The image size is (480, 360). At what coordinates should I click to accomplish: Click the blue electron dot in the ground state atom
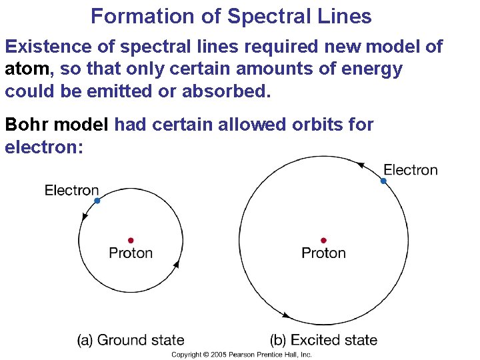point(97,200)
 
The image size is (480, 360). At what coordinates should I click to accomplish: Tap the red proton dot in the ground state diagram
point(131,240)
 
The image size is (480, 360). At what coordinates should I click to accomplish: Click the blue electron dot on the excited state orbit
point(383,181)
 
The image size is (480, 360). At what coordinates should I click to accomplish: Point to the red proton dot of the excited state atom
point(323,240)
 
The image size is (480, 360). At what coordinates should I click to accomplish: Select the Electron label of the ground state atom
point(71,191)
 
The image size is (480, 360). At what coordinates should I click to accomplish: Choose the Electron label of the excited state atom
point(411,170)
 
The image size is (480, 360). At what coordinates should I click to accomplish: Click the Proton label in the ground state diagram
point(131,253)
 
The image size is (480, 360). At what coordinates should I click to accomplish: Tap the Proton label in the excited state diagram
point(323,253)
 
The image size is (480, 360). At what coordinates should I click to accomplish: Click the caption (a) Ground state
point(131,340)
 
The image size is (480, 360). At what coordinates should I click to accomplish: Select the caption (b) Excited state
point(323,340)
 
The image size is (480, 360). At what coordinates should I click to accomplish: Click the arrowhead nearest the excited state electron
point(360,164)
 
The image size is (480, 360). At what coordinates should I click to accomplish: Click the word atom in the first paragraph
point(25,69)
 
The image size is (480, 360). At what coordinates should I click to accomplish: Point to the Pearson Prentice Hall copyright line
point(241,355)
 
